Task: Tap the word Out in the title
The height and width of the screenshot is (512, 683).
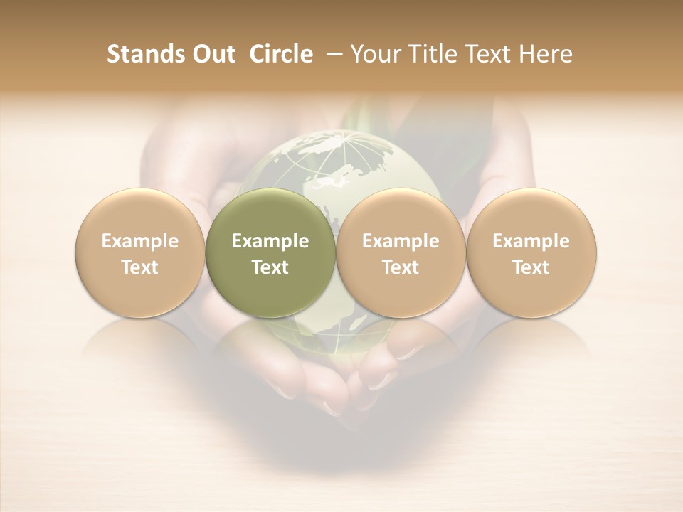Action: [x=212, y=54]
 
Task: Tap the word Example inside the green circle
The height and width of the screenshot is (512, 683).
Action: [x=270, y=241]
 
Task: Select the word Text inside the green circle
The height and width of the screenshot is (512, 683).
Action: [x=270, y=267]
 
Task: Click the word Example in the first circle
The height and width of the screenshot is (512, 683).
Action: [x=140, y=241]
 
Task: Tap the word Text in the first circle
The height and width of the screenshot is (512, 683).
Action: [x=140, y=267]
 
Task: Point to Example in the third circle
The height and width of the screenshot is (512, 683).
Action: [x=401, y=241]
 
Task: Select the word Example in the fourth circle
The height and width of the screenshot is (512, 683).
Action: [x=531, y=241]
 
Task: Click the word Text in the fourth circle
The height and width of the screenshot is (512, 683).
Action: [x=531, y=267]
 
